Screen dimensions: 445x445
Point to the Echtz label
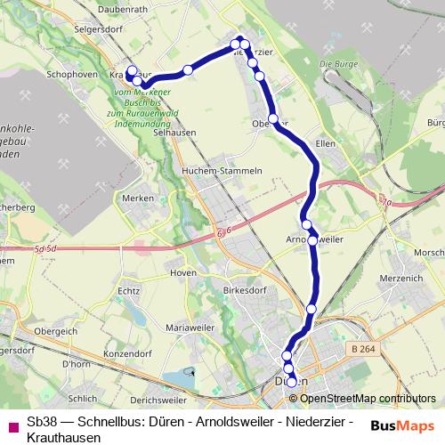128,291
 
